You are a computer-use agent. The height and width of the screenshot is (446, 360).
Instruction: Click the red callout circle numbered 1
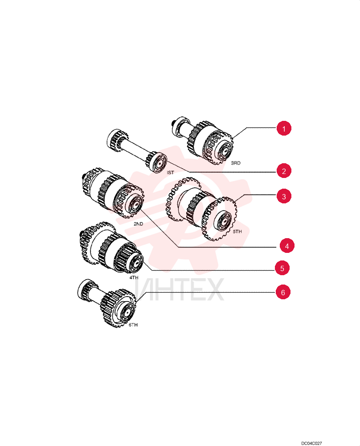pyautogui.click(x=284, y=128)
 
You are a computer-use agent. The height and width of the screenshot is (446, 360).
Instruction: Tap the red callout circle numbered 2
pyautogui.click(x=284, y=171)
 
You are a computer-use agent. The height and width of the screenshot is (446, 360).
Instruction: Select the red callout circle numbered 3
pyautogui.click(x=284, y=196)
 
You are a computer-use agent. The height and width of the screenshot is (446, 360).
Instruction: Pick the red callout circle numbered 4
pyautogui.click(x=287, y=246)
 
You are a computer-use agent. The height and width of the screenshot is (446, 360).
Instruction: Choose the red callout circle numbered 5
pyautogui.click(x=282, y=268)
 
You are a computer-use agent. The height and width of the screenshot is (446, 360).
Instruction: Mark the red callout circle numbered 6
pyautogui.click(x=283, y=292)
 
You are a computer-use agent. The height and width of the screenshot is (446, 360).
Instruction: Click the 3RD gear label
pyautogui.click(x=236, y=163)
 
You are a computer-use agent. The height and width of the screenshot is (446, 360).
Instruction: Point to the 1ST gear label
pyautogui.click(x=170, y=172)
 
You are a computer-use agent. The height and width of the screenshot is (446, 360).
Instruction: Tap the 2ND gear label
pyautogui.click(x=139, y=224)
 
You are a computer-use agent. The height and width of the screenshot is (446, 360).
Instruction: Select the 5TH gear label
pyautogui.click(x=237, y=231)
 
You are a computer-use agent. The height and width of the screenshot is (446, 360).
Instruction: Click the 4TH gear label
pyautogui.click(x=134, y=277)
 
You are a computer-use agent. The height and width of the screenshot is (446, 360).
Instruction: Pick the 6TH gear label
pyautogui.click(x=133, y=325)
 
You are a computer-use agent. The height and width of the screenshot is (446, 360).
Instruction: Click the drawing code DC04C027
pyautogui.click(x=311, y=443)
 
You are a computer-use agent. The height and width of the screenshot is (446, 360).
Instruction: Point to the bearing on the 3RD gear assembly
pyautogui.click(x=224, y=149)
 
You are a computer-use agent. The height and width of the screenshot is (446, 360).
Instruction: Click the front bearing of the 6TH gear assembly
pyautogui.click(x=126, y=313)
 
